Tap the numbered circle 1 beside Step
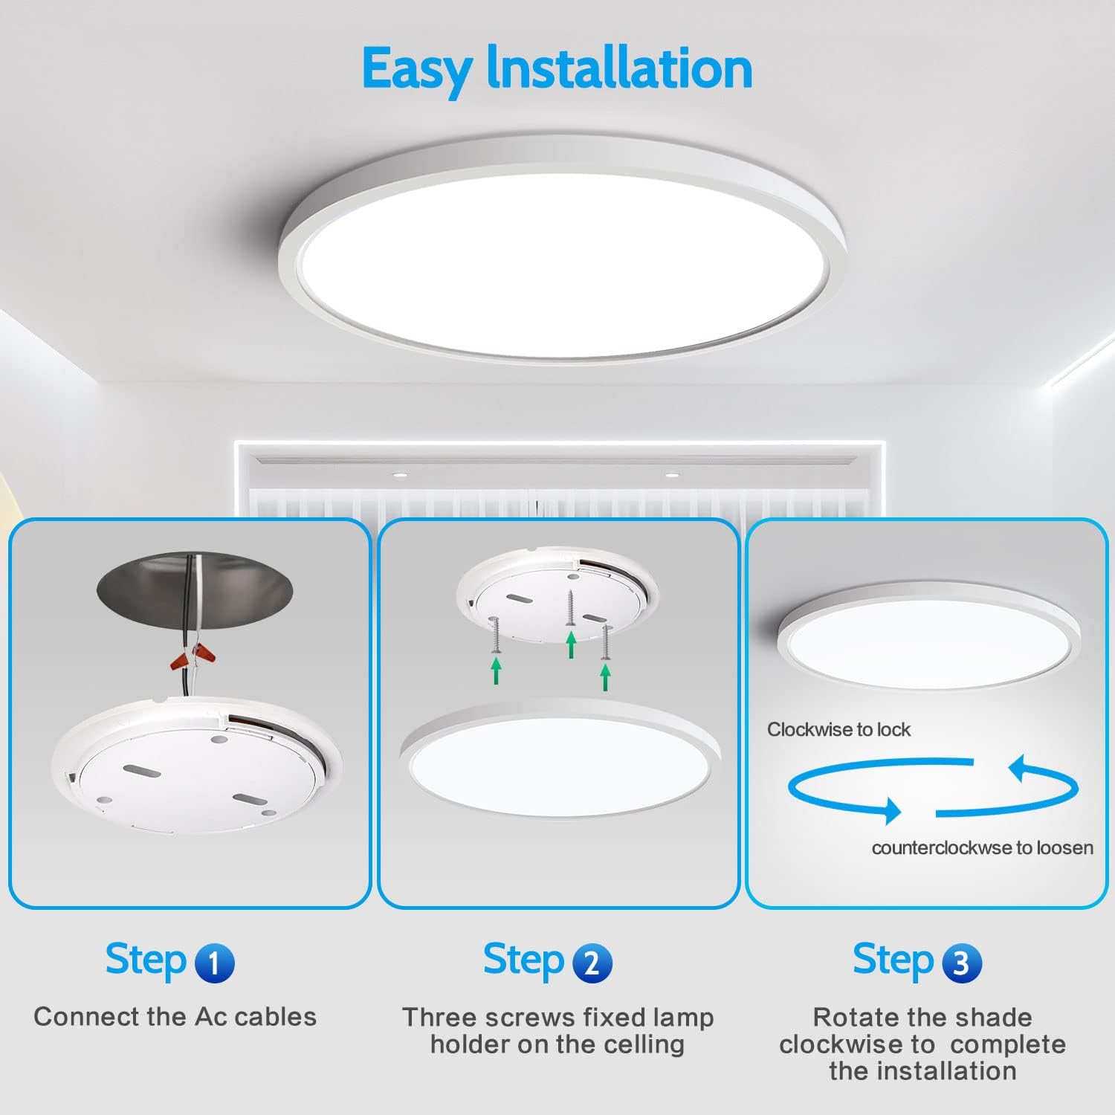[214, 963]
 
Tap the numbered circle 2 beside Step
[592, 963]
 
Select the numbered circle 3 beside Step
[961, 963]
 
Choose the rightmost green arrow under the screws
[606, 676]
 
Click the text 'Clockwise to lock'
[838, 730]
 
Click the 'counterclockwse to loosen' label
[982, 848]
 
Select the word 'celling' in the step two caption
[644, 1044]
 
